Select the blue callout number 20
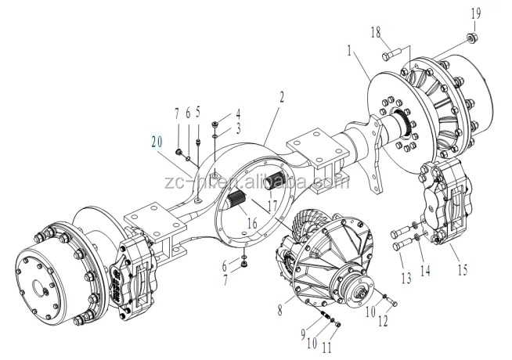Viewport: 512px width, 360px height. pyautogui.click(x=157, y=142)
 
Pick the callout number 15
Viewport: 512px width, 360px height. pyautogui.click(x=463, y=271)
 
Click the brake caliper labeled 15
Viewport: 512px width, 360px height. pyautogui.click(x=447, y=202)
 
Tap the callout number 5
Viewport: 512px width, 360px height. pyautogui.click(x=199, y=112)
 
